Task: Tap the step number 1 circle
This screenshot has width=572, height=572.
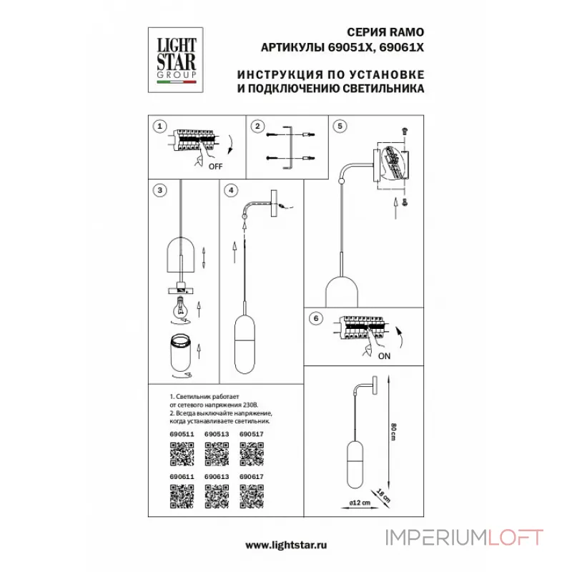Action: (x=161, y=126)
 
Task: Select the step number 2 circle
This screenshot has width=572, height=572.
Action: (x=257, y=126)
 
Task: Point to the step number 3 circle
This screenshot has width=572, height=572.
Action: (x=161, y=189)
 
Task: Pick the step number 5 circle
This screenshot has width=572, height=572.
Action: (x=340, y=126)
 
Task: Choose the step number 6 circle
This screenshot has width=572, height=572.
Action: (x=316, y=320)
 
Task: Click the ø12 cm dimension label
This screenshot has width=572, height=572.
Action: (x=360, y=502)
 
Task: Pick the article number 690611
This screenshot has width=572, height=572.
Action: (x=182, y=476)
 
